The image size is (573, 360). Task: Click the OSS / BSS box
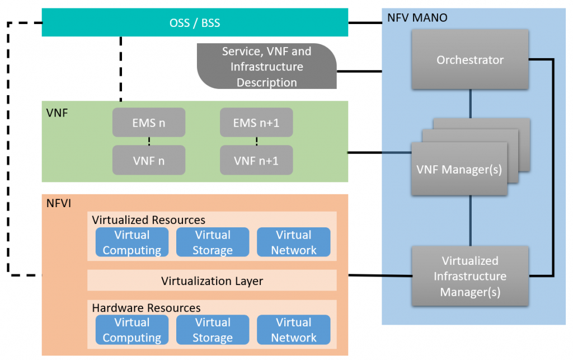click(195, 23)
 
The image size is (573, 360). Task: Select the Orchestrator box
click(470, 59)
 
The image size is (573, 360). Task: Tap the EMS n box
click(149, 122)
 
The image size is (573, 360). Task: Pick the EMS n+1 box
click(256, 122)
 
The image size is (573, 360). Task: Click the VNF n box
click(149, 160)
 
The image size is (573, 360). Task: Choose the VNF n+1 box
click(256, 160)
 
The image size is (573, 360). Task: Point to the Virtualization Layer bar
click(212, 280)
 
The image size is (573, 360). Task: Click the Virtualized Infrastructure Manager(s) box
click(470, 276)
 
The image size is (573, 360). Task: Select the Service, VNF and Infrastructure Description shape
click(266, 67)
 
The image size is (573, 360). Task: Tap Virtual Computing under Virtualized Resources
click(132, 242)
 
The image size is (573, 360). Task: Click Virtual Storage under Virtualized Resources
click(213, 242)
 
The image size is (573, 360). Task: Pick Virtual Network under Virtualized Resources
click(293, 242)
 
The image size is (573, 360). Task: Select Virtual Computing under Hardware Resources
click(132, 330)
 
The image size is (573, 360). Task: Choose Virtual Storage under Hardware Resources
click(213, 330)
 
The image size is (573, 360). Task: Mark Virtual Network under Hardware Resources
click(293, 330)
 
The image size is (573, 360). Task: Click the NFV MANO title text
click(417, 17)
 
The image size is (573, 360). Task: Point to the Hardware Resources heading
click(146, 308)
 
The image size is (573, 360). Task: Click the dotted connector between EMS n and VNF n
click(149, 141)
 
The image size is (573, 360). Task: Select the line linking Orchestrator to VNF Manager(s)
click(470, 104)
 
